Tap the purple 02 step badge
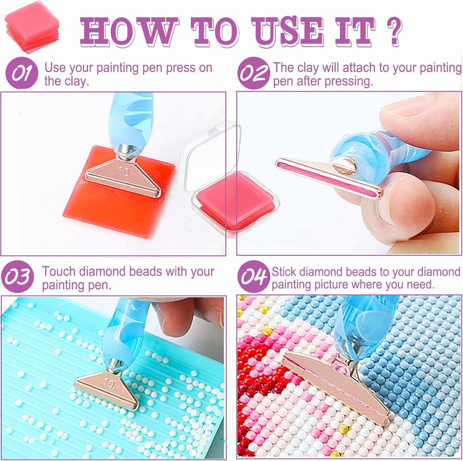(253, 73)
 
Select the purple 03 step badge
(18, 276)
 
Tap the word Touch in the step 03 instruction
(59, 271)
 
